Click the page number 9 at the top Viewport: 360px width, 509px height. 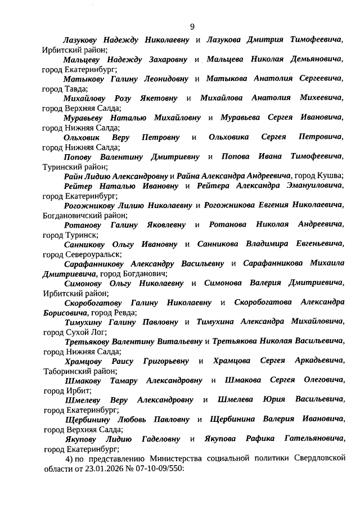(x=192, y=26)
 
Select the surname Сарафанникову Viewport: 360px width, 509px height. (x=94, y=263)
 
